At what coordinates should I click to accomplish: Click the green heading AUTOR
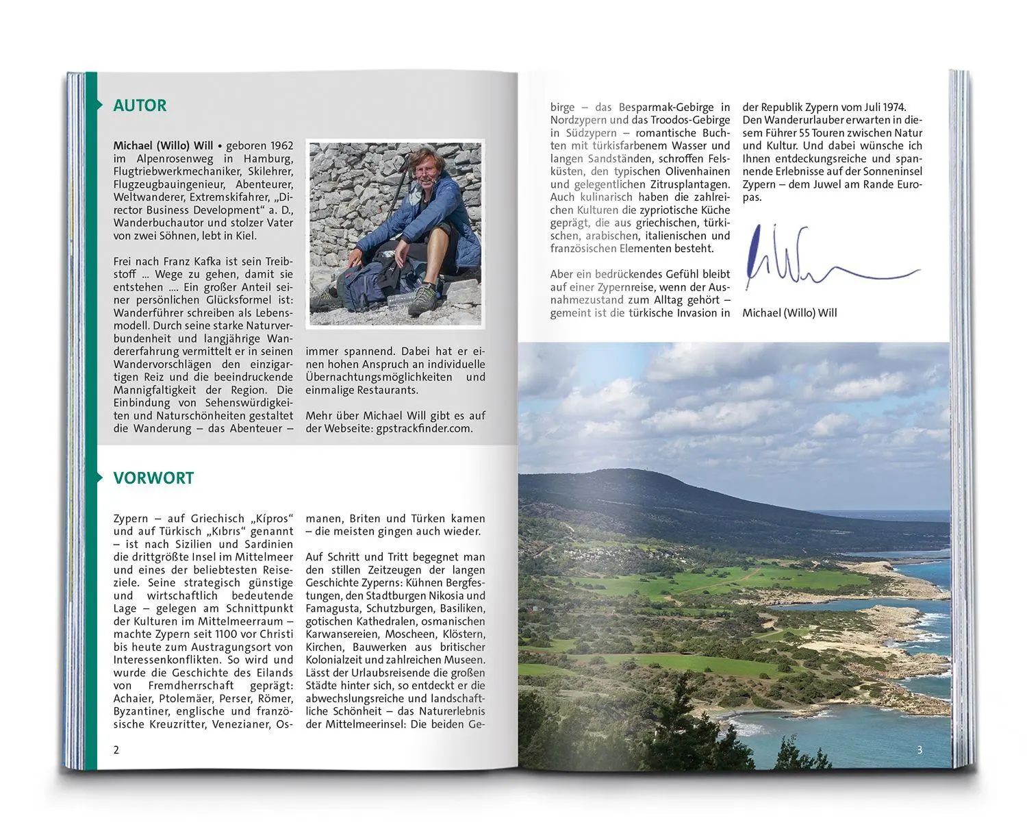pyautogui.click(x=140, y=106)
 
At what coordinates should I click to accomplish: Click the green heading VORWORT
pyautogui.click(x=153, y=478)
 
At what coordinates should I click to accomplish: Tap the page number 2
pyautogui.click(x=116, y=750)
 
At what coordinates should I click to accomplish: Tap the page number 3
pyautogui.click(x=920, y=750)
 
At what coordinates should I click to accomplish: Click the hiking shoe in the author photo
pyautogui.click(x=424, y=300)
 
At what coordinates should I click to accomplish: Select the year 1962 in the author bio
pyautogui.click(x=281, y=146)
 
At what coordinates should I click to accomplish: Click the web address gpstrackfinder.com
pyautogui.click(x=424, y=428)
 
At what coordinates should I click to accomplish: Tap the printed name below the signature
pyautogui.click(x=789, y=313)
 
